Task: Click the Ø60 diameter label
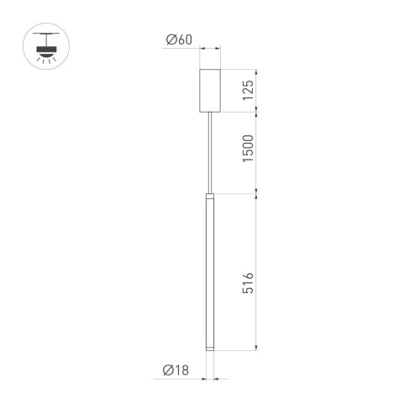click(x=179, y=39)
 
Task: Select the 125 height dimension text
click(x=248, y=90)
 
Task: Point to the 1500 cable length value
click(x=248, y=150)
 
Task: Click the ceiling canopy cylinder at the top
click(x=209, y=90)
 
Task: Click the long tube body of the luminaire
click(x=209, y=269)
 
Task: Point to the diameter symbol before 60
click(x=171, y=39)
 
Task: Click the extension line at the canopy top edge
click(x=239, y=70)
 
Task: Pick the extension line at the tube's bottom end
click(x=239, y=351)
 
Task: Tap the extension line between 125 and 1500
click(x=239, y=111)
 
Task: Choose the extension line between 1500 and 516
click(x=239, y=194)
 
